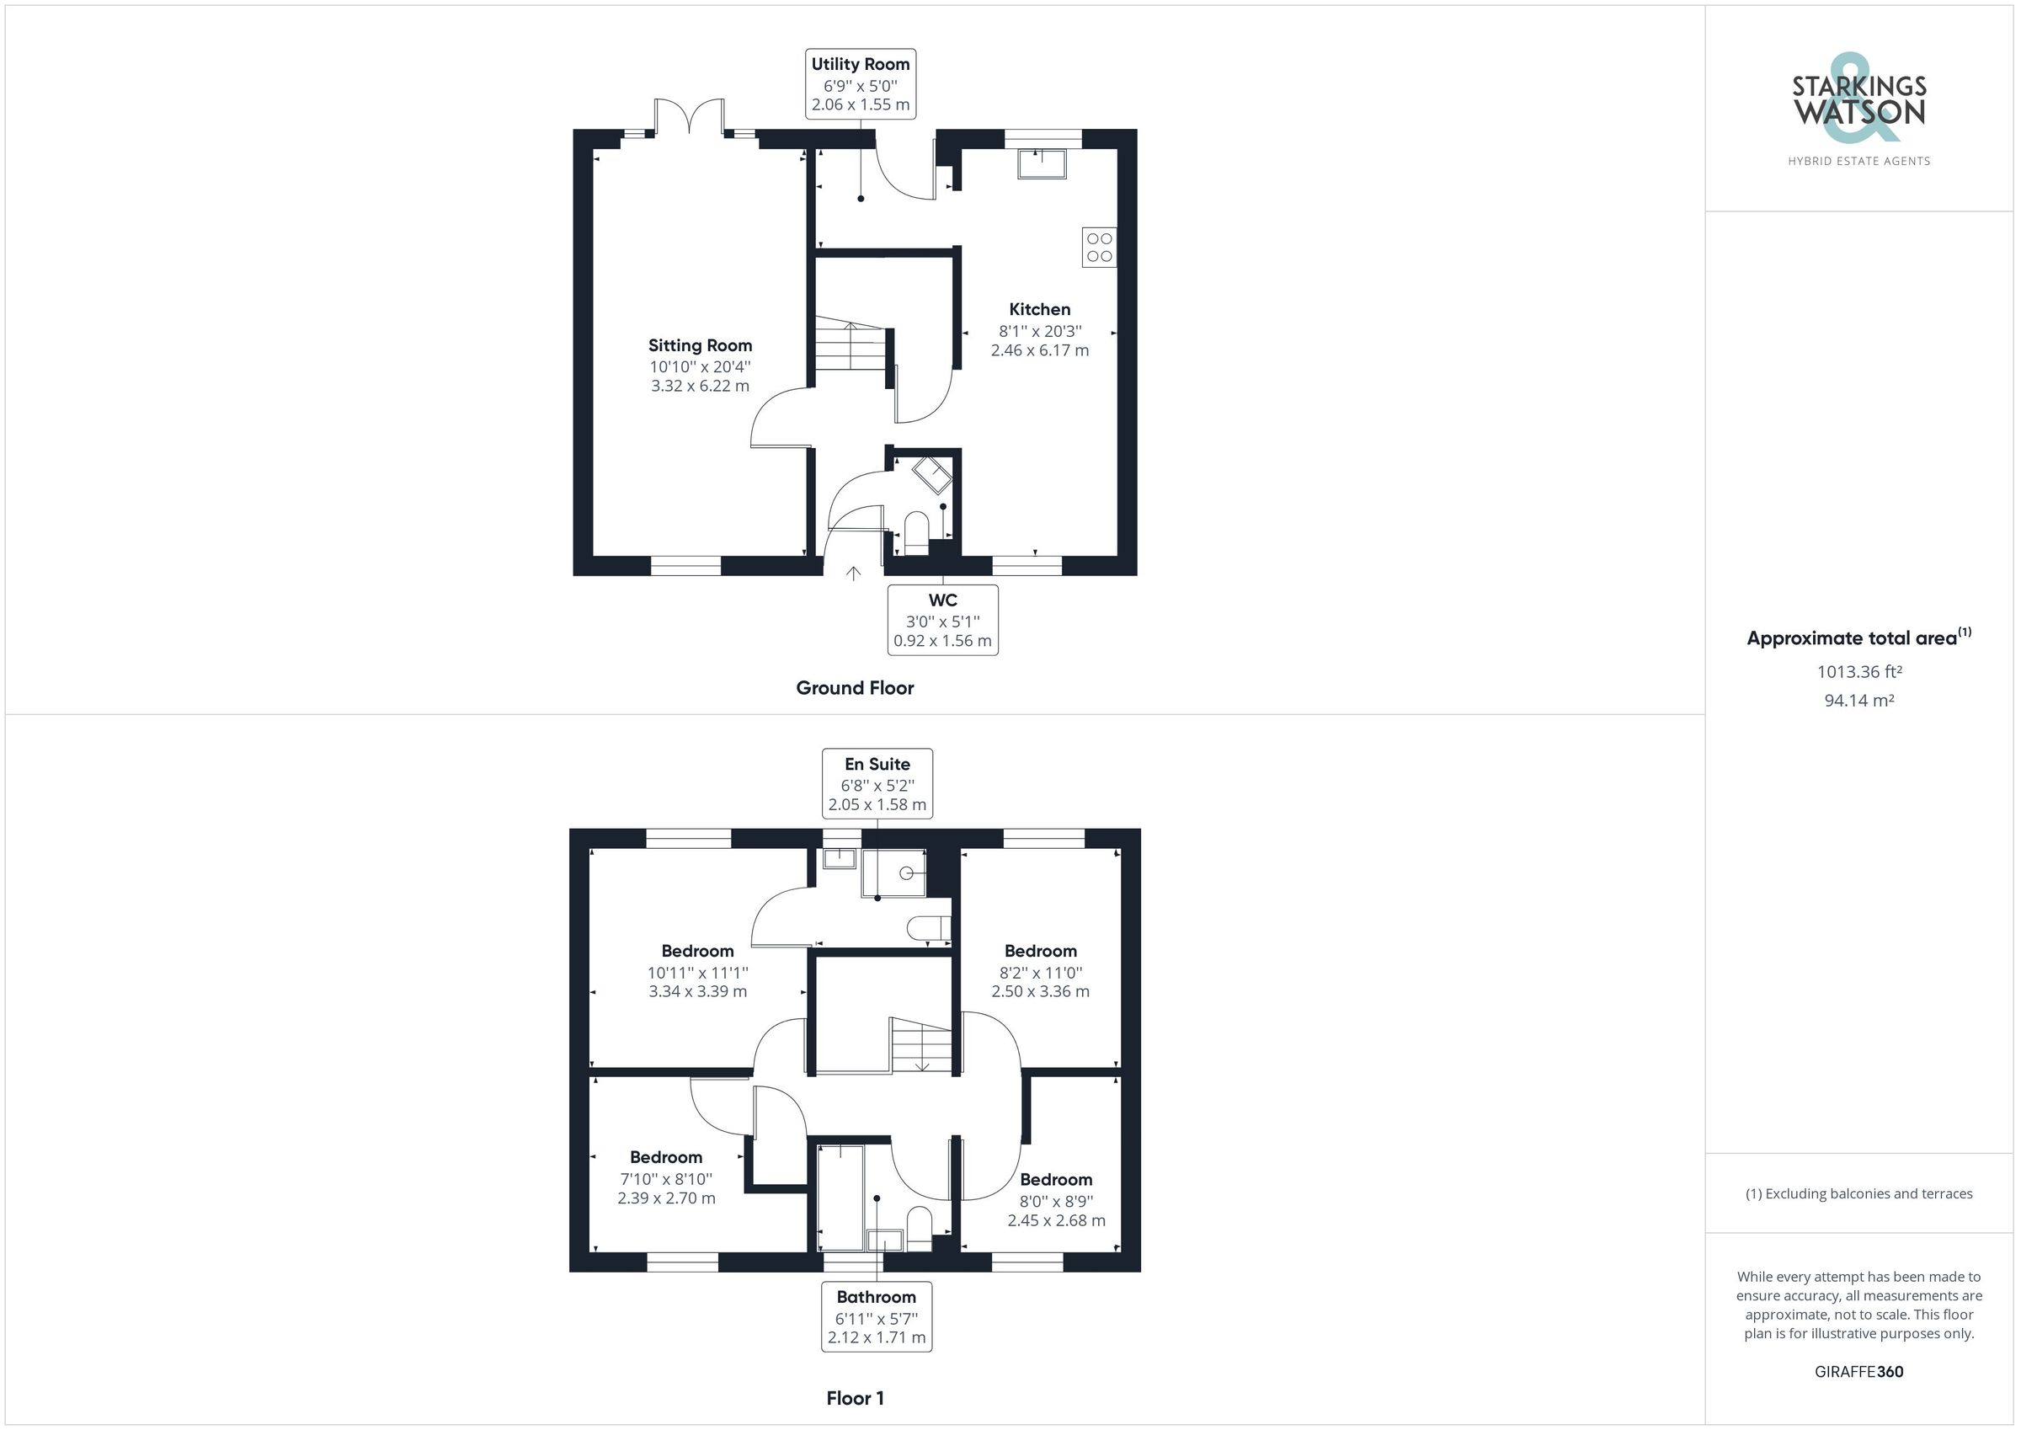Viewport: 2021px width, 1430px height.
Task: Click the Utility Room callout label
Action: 860,83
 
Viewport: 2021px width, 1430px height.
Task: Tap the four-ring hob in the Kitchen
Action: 1099,248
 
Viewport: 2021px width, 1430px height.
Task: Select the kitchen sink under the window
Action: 1042,163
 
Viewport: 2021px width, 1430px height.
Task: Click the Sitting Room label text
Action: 700,345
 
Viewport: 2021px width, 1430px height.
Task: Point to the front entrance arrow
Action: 853,574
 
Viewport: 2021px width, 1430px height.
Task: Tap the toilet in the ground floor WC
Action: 916,533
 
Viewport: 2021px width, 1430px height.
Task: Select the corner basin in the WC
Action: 933,475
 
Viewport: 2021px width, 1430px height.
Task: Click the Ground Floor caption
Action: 854,688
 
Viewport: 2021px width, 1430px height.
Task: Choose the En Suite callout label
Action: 877,784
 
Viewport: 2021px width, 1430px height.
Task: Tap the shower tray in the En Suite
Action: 893,872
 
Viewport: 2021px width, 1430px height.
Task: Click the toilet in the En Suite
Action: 929,928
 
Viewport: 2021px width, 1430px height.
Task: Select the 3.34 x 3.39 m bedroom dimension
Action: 697,991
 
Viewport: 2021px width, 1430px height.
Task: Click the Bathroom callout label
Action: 876,1316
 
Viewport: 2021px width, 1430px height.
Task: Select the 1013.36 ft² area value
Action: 1858,672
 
